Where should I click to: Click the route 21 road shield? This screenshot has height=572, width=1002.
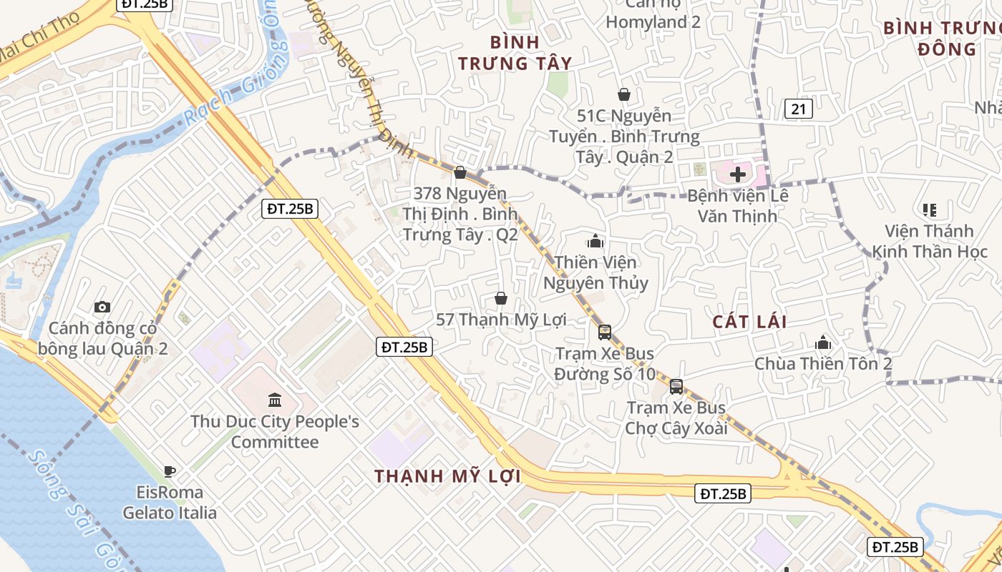point(799,109)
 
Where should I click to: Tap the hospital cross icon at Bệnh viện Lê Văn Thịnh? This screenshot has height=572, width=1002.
point(738,174)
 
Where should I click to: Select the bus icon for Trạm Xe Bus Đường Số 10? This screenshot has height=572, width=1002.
point(605,332)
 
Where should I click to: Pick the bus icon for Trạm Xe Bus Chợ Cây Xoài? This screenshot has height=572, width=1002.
point(676,387)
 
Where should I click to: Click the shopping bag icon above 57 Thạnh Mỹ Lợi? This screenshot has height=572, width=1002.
point(501,298)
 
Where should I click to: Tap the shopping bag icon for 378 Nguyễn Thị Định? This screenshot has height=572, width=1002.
point(461,172)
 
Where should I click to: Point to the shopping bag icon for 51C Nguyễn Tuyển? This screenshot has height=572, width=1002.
point(624,94)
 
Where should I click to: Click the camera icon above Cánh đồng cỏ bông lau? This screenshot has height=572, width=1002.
point(102,307)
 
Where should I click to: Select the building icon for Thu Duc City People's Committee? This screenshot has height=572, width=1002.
point(275,400)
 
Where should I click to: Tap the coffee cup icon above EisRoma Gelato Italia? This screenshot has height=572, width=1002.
point(170,471)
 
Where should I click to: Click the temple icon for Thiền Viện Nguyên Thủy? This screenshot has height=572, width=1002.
point(595,242)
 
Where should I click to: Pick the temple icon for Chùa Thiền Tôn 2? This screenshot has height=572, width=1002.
point(823,342)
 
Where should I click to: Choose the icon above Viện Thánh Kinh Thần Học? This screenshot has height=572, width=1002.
point(930,210)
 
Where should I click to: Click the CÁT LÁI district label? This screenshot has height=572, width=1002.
point(749,322)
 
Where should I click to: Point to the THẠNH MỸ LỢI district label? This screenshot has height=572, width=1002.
point(447,476)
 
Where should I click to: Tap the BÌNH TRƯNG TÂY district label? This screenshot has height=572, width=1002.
point(515,53)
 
